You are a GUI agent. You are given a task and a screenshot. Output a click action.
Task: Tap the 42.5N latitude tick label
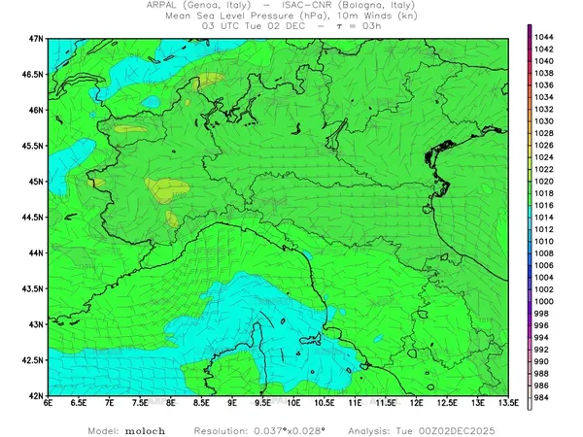point(34,360)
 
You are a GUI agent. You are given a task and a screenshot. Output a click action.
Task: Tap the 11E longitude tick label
point(355,402)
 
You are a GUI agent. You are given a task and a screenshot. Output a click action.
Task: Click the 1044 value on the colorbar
point(544,37)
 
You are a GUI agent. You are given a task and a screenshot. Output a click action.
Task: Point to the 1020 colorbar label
point(544,181)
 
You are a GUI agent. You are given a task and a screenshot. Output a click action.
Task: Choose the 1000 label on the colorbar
point(544,301)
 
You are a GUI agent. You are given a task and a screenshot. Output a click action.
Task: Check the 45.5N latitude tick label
point(34,146)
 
